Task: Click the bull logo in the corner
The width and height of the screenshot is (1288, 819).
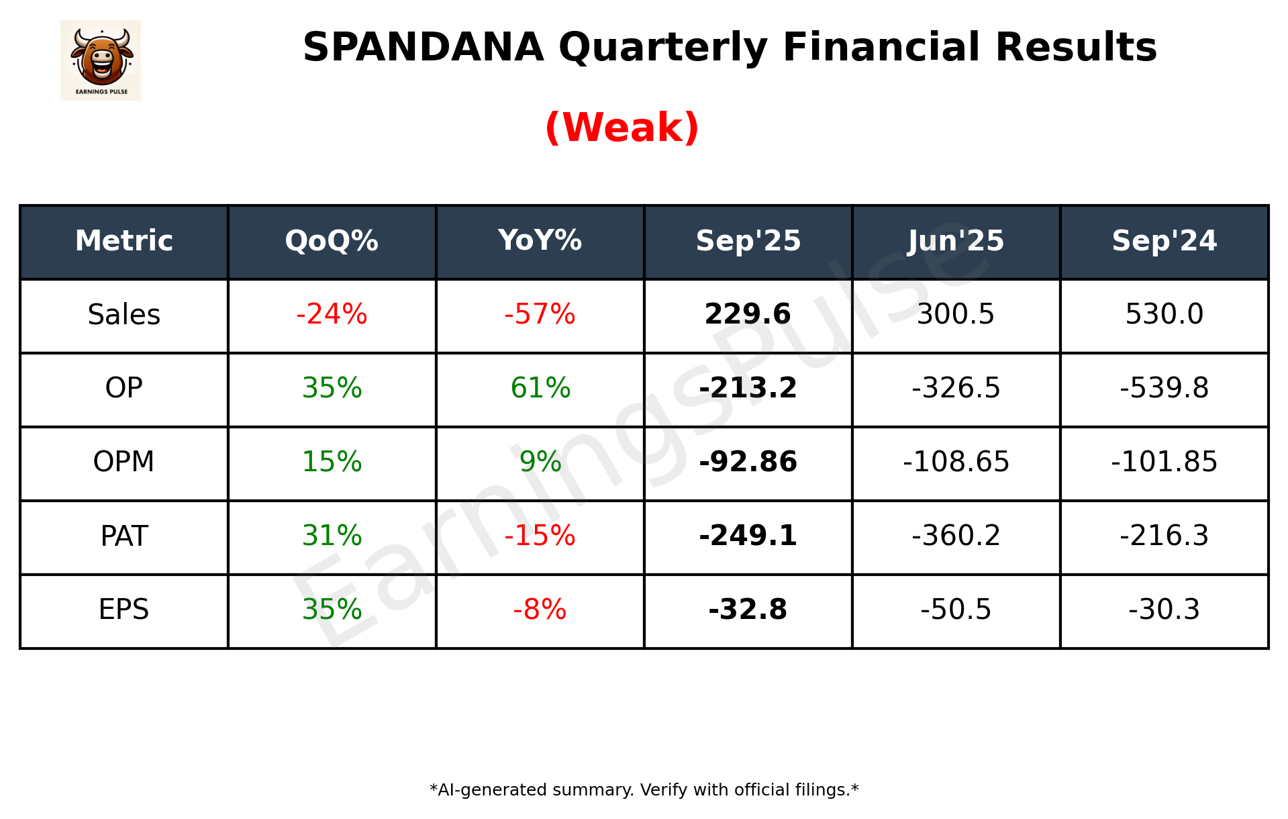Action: click(x=101, y=60)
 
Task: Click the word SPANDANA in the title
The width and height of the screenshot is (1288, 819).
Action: click(x=423, y=48)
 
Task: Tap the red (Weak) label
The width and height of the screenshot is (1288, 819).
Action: click(x=622, y=128)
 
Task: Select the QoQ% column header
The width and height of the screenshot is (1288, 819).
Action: click(x=332, y=241)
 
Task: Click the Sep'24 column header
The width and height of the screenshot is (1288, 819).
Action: click(x=1164, y=241)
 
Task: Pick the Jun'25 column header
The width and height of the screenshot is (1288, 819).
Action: click(x=956, y=241)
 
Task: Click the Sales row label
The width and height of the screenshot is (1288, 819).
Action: click(x=124, y=315)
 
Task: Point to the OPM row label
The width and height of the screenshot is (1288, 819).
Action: click(x=124, y=463)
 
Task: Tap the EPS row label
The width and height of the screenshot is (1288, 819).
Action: click(x=124, y=610)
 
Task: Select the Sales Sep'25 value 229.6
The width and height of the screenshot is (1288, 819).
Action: click(x=748, y=315)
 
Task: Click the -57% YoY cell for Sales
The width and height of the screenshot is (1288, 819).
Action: click(x=540, y=315)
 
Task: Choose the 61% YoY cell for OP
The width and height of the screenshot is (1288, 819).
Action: click(x=540, y=389)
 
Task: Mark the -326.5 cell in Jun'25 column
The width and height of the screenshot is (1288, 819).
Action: click(x=956, y=389)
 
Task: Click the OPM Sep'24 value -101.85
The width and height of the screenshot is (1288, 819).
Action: click(x=1164, y=463)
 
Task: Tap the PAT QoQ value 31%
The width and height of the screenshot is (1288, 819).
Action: click(x=332, y=536)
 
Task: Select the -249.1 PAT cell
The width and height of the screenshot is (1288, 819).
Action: click(x=748, y=536)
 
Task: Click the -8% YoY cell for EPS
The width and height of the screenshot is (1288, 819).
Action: click(x=540, y=610)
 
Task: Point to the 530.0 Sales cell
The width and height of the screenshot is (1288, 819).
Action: click(x=1164, y=315)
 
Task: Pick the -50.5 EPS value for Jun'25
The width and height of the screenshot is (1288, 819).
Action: click(x=956, y=610)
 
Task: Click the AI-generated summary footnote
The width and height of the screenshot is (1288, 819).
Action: click(x=644, y=790)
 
